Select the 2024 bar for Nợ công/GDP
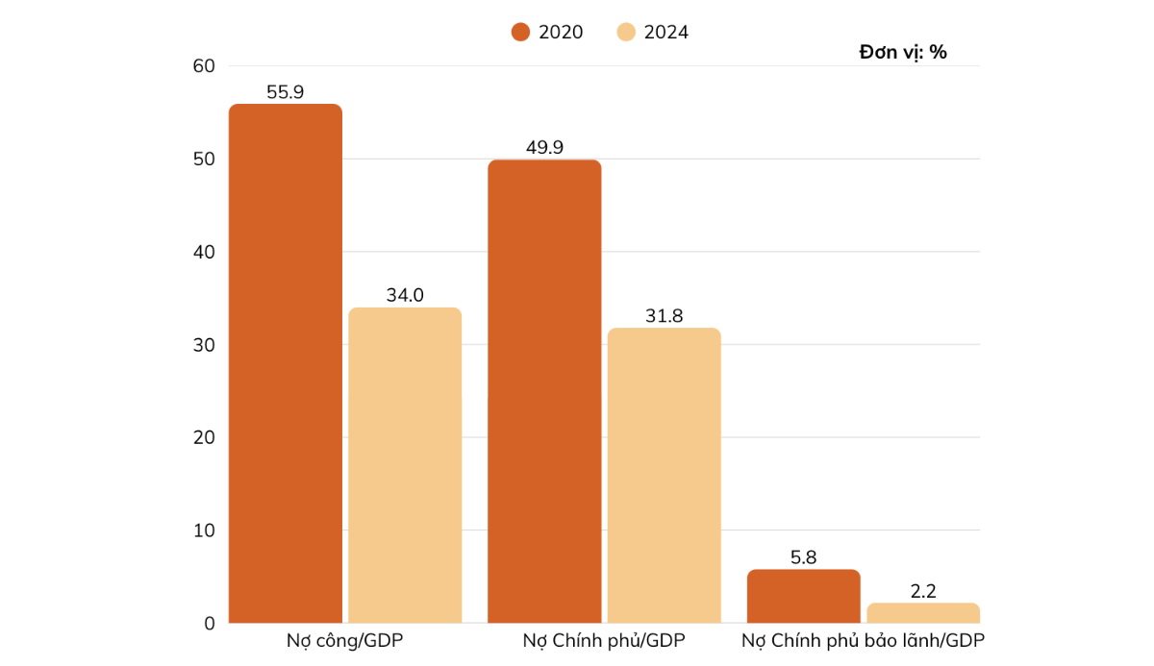pos(405,465)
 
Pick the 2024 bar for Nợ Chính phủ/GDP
pos(664,476)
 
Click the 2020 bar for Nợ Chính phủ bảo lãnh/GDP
pos(804,596)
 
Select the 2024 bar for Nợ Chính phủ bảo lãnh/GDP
pos(923,613)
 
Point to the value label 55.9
pos(286,92)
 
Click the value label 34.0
pos(405,296)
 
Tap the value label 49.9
pos(544,148)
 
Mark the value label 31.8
pos(664,316)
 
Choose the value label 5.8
pos(804,557)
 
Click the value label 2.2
pos(923,591)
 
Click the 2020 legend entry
pos(547,32)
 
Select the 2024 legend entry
pos(653,32)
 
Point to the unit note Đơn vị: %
pos(903,53)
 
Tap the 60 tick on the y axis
pos(204,65)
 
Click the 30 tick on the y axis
pos(204,344)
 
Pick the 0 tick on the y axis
pos(209,623)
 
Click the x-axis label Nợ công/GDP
pos(345,641)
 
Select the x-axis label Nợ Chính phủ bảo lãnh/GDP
pos(863,641)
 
